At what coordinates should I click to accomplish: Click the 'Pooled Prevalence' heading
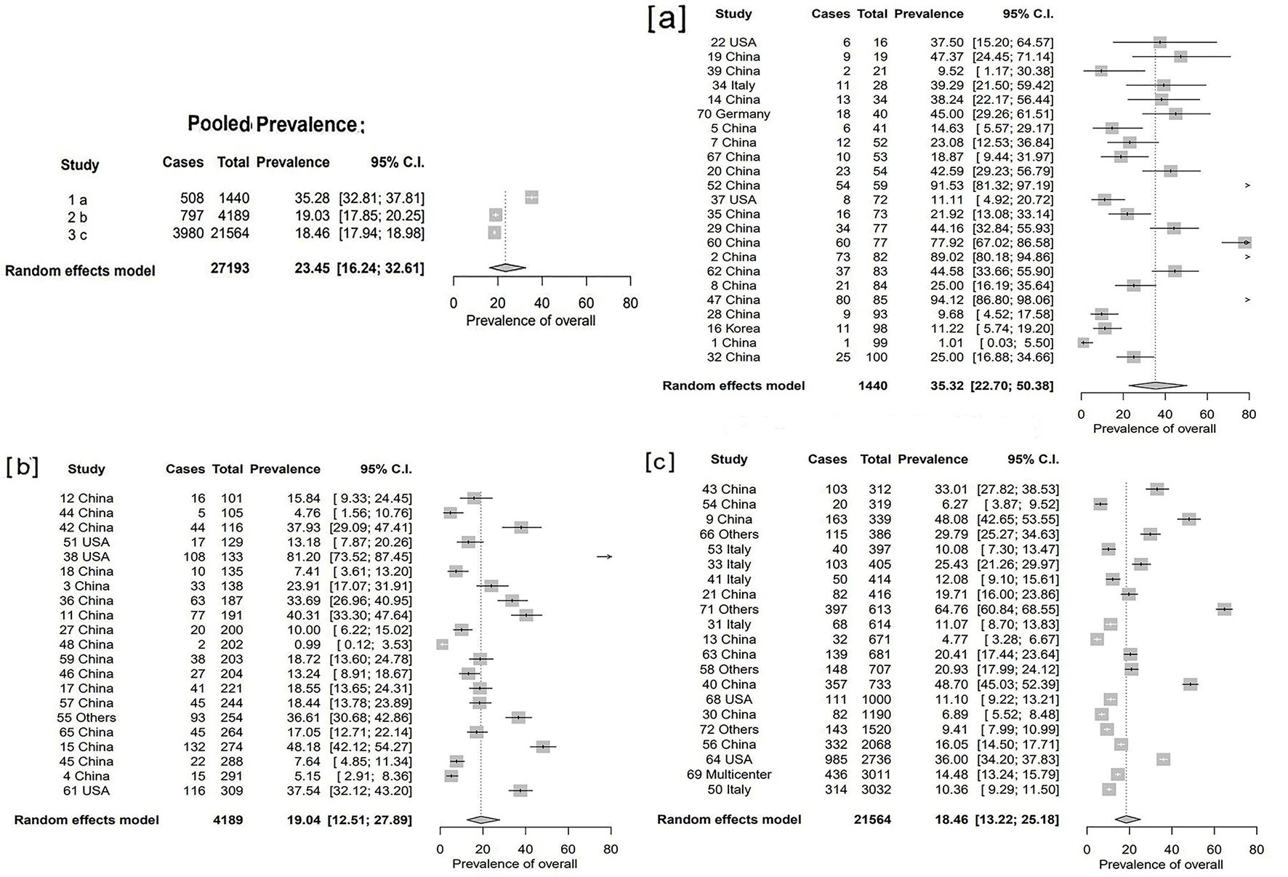click(x=275, y=124)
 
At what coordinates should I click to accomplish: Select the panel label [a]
click(x=667, y=19)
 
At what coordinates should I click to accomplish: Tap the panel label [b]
click(x=22, y=466)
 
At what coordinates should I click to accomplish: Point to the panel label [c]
click(x=660, y=461)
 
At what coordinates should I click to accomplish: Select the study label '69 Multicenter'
click(x=729, y=774)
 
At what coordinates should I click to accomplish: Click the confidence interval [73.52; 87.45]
click(x=371, y=557)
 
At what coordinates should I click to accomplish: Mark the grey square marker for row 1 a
click(x=531, y=197)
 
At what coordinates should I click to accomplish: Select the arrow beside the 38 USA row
click(x=605, y=557)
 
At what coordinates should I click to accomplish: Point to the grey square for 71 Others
click(x=1225, y=609)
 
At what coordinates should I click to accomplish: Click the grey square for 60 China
click(x=1245, y=243)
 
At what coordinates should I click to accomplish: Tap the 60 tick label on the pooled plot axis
click(x=586, y=303)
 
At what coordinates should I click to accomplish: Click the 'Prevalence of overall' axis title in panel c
click(x=1161, y=865)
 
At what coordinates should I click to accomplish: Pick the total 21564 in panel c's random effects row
click(x=872, y=820)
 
